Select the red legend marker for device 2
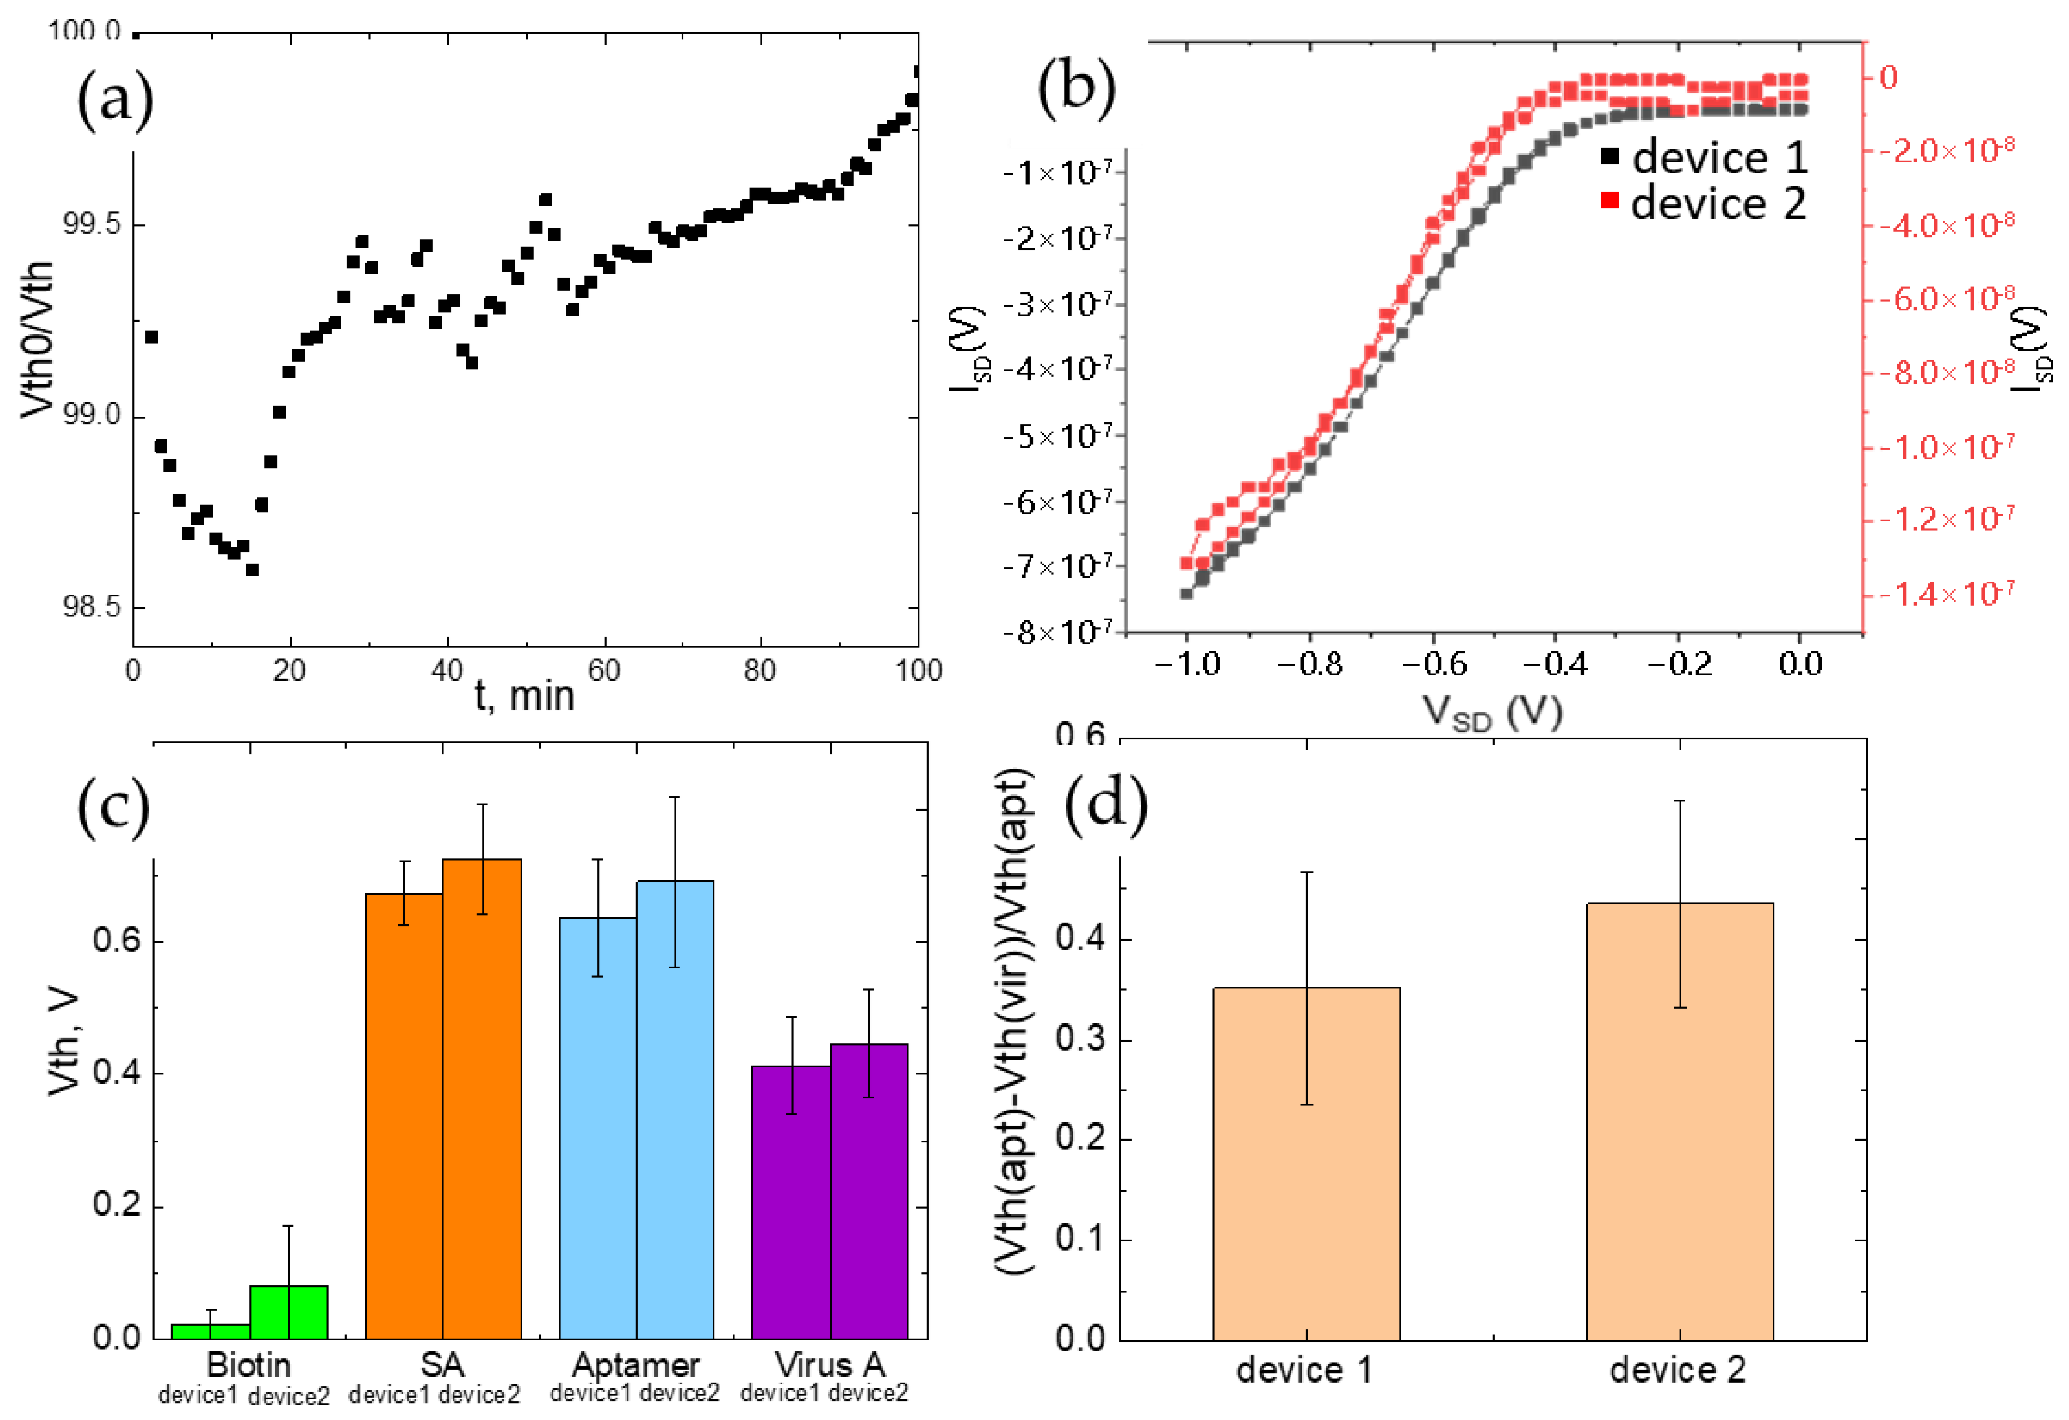coord(1609,199)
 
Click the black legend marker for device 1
coord(1609,156)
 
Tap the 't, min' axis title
coord(524,696)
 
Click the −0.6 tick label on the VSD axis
coord(1434,664)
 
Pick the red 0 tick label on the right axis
coord(1887,77)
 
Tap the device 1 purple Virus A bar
coord(791,1202)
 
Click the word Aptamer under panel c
coord(635,1364)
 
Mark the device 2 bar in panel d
coord(1679,1122)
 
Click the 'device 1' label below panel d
coord(1304,1369)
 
